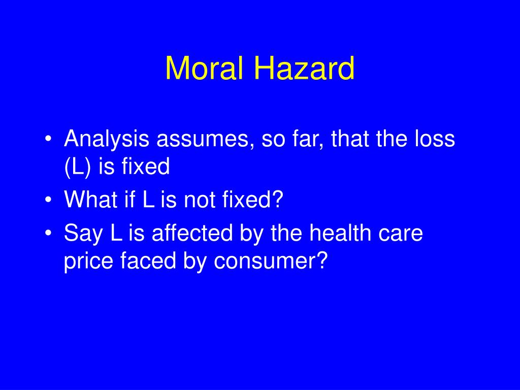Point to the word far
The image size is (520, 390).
coord(308,140)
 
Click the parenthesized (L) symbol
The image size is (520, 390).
coord(78,167)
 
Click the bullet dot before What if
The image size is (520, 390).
coord(49,201)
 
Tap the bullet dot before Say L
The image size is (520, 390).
coord(49,235)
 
